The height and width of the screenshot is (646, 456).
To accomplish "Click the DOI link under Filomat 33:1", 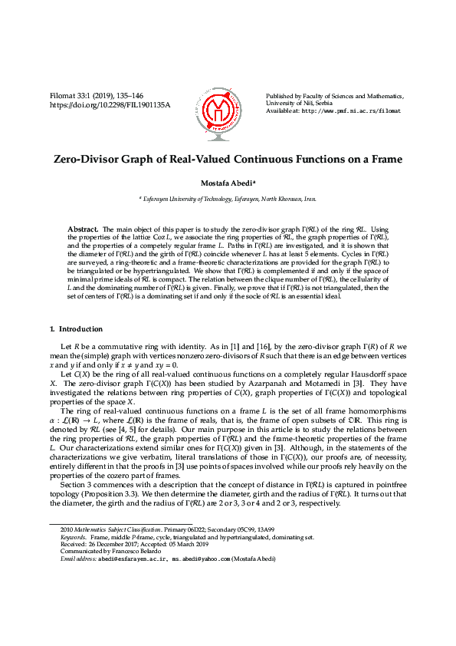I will pos(110,104).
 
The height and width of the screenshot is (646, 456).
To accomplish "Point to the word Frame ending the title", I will pos(383,160).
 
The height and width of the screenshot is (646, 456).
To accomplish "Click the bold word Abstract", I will pos(83,229).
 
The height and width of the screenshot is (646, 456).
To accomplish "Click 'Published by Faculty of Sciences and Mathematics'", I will pos(335,96).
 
